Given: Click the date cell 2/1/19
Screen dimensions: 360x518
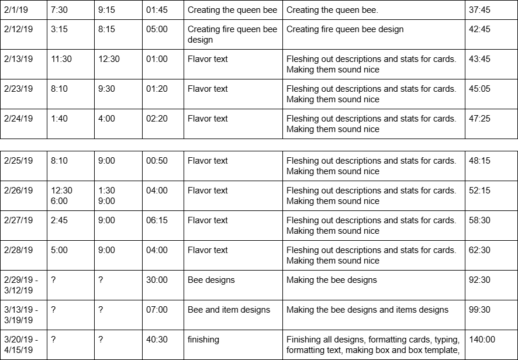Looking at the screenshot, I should tap(16, 10).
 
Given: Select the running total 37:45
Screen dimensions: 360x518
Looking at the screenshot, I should tap(479, 10).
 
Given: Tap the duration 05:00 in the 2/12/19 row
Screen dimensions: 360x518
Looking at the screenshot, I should tap(157, 29).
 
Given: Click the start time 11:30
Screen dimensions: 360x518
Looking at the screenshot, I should tap(61, 59).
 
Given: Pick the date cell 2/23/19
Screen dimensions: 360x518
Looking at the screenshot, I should tap(18, 89).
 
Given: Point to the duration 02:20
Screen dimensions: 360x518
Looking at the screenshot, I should tap(157, 119).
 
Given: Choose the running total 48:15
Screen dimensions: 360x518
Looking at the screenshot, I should tap(479, 161).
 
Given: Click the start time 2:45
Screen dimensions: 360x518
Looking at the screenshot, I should tap(59, 220).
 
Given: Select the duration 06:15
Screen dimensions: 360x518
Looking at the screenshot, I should tap(157, 220).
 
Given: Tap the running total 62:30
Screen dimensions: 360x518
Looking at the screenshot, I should tap(479, 250).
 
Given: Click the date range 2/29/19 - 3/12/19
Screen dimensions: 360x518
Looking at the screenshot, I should tap(20, 285).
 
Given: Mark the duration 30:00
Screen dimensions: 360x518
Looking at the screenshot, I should tap(157, 280).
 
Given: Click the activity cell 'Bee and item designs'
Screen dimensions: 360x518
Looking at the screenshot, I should tap(229, 310).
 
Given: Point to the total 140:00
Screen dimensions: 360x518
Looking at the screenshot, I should tap(482, 340).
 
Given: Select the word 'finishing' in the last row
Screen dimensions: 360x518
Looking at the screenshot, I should tap(203, 340).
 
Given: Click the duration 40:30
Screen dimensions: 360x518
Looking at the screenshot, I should tap(157, 340).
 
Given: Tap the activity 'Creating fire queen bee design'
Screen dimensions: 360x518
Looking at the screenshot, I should tap(232, 34).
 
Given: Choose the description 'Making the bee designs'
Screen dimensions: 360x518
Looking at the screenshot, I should tap(331, 280).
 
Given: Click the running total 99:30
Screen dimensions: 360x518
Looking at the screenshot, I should tap(479, 310).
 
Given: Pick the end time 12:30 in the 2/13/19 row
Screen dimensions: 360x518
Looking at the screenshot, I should tap(109, 59).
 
